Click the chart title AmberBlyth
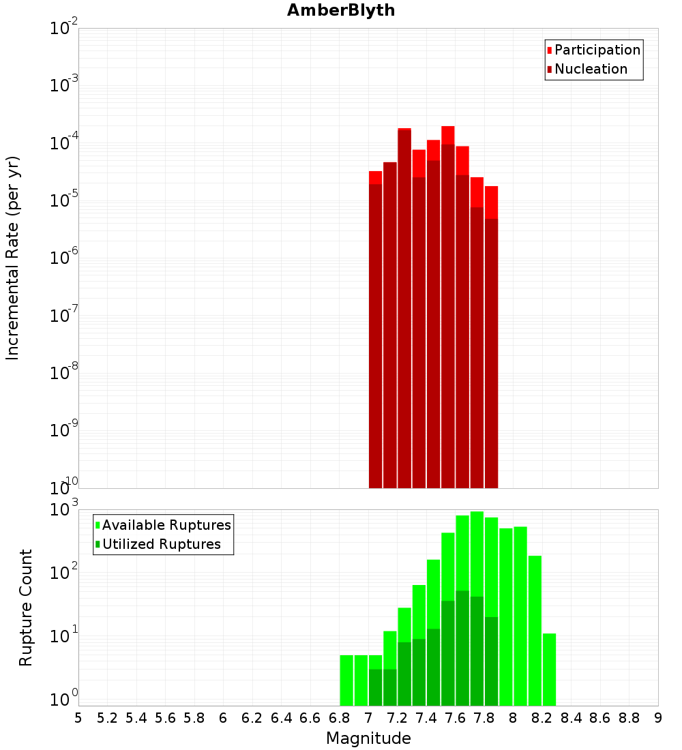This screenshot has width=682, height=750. coord(341,11)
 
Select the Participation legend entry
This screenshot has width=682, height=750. coord(597,50)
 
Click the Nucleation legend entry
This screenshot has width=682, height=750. coord(590,69)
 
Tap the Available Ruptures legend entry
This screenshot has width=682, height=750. coord(166,525)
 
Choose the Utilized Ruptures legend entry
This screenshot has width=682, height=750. coord(161,544)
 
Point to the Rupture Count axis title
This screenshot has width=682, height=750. coord(26,607)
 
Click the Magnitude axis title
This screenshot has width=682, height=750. coord(368,738)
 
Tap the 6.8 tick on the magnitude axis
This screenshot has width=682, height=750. coord(340,718)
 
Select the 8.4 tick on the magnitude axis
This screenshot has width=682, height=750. coord(572,718)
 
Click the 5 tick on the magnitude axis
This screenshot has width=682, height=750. coord(78,718)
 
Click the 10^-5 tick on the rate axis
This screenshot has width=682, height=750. coord(63,200)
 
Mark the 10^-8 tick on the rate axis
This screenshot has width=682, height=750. coord(63,373)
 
